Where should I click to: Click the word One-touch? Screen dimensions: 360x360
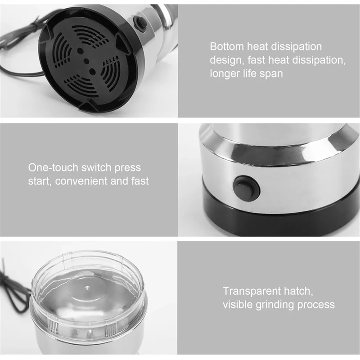(x=53, y=168)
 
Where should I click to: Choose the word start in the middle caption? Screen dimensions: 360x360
(x=40, y=182)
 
